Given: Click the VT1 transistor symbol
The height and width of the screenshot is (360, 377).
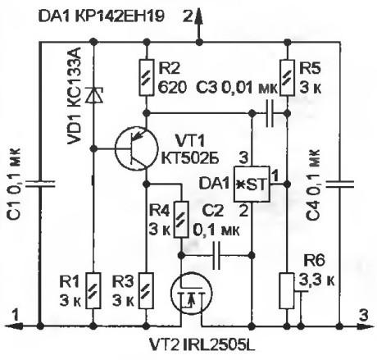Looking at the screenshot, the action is tap(136, 148).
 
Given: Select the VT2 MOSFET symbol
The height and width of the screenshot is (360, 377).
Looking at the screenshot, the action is tap(192, 294).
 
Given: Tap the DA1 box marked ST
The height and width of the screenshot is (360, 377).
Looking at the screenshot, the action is tap(252, 184).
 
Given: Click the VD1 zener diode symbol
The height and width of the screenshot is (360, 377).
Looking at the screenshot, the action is tap(94, 95).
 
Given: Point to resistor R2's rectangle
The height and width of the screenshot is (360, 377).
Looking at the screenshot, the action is tap(147, 77).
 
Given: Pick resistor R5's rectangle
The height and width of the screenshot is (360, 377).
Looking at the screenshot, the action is tap(287, 77).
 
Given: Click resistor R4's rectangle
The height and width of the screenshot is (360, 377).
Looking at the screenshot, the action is tap(181, 220).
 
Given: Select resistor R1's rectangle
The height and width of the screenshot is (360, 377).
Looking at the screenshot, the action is tap(93, 290).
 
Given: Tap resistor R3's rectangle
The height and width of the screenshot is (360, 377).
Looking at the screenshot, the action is tap(147, 290).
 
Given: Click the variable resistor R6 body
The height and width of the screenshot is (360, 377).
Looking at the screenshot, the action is tap(287, 290).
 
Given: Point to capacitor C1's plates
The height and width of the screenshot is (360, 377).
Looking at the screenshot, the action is tap(40, 184).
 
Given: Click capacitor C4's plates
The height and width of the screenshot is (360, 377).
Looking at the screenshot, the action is tap(339, 184).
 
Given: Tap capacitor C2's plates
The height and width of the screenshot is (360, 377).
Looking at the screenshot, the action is tap(216, 256).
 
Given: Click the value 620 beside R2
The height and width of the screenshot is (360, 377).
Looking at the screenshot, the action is tap(173, 88).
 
